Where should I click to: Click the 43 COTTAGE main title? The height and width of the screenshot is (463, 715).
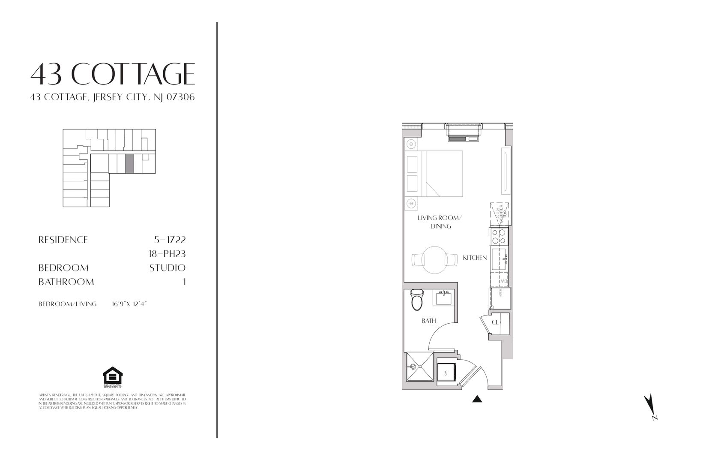click(113, 74)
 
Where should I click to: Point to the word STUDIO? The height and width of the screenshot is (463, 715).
click(167, 268)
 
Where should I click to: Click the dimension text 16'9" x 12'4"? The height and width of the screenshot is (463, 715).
click(129, 304)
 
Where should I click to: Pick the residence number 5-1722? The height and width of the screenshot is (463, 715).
click(170, 240)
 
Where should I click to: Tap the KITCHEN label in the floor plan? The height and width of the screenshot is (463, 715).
click(475, 258)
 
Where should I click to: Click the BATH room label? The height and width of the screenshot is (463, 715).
click(428, 321)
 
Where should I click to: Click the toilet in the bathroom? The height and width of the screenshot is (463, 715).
click(416, 300)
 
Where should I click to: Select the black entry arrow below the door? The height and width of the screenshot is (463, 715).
click(477, 400)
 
